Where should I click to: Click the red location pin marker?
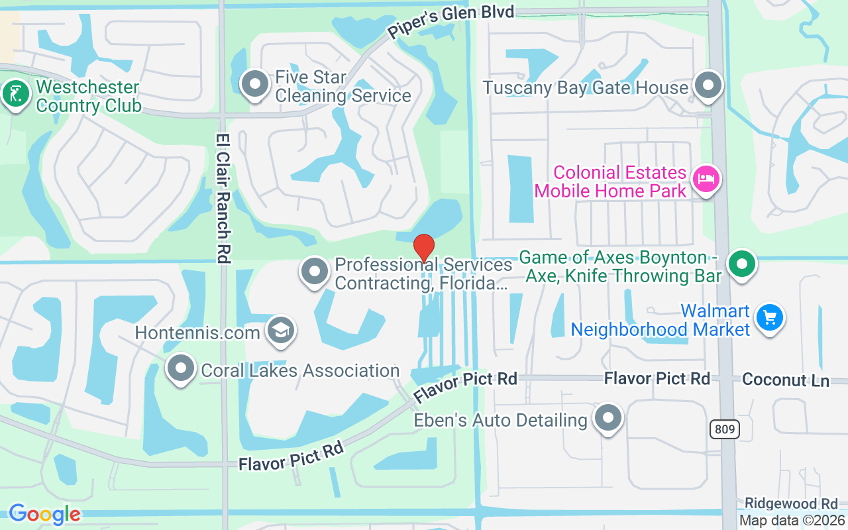pos(424,248)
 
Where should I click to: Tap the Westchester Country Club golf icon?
pos(15,93)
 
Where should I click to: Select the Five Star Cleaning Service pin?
pos(255,85)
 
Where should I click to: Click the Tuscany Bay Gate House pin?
pos(708,85)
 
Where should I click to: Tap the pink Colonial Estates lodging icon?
pos(706,179)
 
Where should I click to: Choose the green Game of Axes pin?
pos(742,264)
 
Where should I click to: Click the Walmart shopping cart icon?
pos(770,317)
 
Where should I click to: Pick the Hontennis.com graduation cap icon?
pos(281,330)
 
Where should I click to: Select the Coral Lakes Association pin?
pos(180,368)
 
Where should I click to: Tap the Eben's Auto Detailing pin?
pos(608,418)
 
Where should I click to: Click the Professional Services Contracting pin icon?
pos(315,272)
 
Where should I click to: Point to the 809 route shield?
pos(725,429)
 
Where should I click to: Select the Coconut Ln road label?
pos(785,380)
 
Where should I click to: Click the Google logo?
pos(44,514)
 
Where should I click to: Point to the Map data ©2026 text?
pos(792,521)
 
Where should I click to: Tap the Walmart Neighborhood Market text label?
pos(661,320)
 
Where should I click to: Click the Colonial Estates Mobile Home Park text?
pos(610,182)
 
